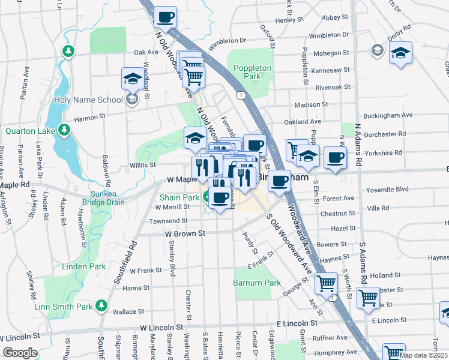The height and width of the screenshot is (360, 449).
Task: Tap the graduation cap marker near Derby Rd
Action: [400, 53]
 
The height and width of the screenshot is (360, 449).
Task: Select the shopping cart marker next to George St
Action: [326, 281]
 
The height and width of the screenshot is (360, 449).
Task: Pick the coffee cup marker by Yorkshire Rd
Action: [335, 158]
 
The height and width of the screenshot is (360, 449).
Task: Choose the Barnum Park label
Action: [257, 283]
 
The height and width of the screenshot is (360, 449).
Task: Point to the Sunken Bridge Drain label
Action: [99, 198]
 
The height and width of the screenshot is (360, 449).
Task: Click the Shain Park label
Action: [179, 197]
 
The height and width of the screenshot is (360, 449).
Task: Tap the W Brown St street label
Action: [185, 233]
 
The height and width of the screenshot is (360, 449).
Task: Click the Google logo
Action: [20, 353]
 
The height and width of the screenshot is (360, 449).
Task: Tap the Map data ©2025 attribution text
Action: [423, 355]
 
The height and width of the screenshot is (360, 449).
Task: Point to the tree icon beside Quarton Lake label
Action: [63, 130]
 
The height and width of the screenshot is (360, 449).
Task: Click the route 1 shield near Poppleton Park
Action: [240, 95]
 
